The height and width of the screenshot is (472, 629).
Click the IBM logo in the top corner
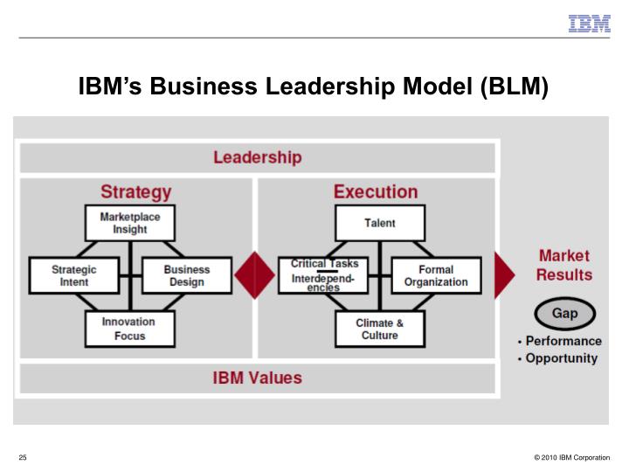pos(590,24)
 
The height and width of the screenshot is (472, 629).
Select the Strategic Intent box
pos(73,275)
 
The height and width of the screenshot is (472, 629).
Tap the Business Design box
pos(186,275)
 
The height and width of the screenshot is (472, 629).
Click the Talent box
pos(379,223)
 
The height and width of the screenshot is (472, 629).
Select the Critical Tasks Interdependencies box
pos(323,275)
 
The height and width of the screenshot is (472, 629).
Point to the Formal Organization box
pos(436,275)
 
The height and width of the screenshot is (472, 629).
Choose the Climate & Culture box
pos(379,329)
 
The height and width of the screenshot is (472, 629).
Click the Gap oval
pos(564,313)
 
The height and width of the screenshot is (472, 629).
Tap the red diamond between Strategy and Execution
pos(254,274)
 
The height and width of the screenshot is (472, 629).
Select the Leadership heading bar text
pos(257,158)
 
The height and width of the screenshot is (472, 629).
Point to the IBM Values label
pos(258,378)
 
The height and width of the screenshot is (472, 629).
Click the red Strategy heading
pos(135,191)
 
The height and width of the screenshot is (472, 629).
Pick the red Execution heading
pos(376,191)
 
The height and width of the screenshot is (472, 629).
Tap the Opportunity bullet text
pos(560,358)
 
